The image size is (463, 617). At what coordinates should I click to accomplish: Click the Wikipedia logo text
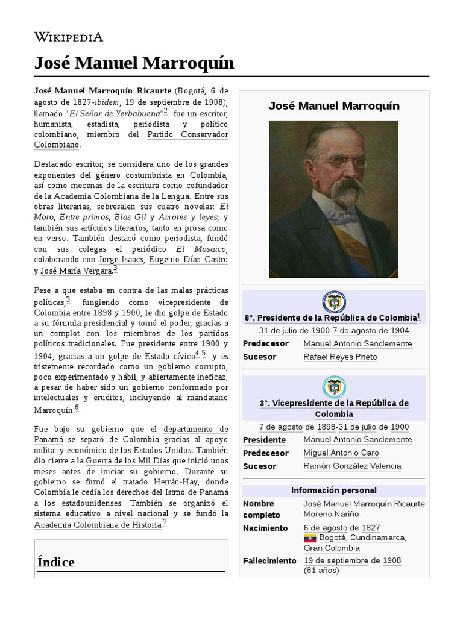(x=68, y=37)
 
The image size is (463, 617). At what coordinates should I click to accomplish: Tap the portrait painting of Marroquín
(x=333, y=199)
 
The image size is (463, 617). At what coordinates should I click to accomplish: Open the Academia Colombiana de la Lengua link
(x=122, y=196)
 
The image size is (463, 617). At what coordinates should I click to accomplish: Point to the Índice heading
(x=56, y=562)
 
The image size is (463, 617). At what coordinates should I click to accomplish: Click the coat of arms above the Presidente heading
(x=333, y=302)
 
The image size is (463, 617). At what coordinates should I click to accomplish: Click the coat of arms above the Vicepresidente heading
(x=333, y=387)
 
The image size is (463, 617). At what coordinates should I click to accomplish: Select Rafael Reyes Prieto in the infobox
(x=340, y=357)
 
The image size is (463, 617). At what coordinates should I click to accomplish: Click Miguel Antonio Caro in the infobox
(x=341, y=453)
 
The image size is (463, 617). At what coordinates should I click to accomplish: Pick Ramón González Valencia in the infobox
(x=352, y=466)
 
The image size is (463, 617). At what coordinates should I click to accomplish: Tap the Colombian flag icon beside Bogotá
(x=309, y=537)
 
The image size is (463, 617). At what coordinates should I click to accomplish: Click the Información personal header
(x=333, y=490)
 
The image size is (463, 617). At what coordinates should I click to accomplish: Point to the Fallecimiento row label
(x=269, y=560)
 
